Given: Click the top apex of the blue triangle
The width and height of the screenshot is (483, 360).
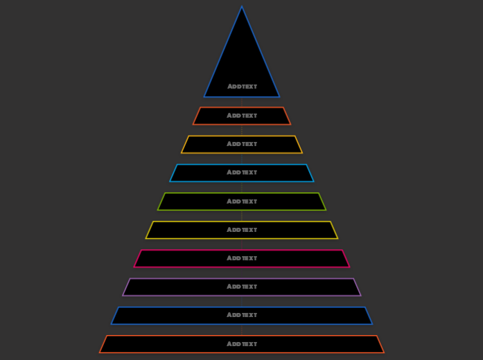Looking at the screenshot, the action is pyautogui.click(x=242, y=8).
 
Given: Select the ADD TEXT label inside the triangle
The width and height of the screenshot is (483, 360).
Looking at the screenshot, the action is pyautogui.click(x=242, y=87).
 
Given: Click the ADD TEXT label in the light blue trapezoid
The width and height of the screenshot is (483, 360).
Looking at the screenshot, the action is pyautogui.click(x=242, y=172).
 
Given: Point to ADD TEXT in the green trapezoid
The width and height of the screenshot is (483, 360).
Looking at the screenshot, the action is pyautogui.click(x=242, y=201).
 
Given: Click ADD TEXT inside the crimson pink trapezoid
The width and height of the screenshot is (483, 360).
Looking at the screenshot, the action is pyautogui.click(x=242, y=258).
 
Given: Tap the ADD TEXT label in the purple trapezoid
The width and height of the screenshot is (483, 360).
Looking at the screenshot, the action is pyautogui.click(x=242, y=287).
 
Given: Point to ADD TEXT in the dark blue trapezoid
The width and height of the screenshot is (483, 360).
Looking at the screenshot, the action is pyautogui.click(x=242, y=315).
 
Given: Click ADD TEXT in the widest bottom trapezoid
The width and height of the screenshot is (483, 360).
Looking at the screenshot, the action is pyautogui.click(x=242, y=344).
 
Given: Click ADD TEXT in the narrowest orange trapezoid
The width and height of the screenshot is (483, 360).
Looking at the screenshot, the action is pyautogui.click(x=242, y=116).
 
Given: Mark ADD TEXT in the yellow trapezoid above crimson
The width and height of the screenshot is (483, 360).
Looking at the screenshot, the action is pyautogui.click(x=242, y=230).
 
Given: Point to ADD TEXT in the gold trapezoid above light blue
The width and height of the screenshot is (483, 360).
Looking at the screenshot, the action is pyautogui.click(x=242, y=144).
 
